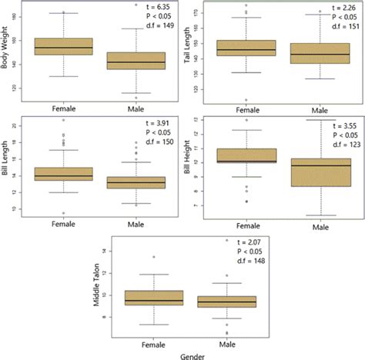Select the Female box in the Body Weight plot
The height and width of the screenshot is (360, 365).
[69, 47]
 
